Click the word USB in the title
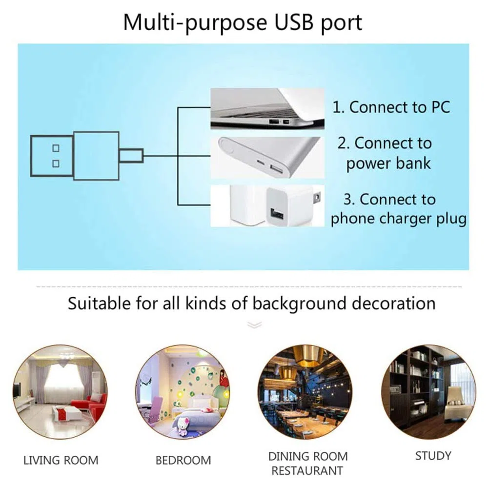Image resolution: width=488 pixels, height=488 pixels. tap(293, 22)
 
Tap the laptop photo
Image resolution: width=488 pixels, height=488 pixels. tap(267, 109)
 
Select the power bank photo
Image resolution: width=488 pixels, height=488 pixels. tap(267, 157)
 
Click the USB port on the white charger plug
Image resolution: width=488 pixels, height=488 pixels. tap(276, 214)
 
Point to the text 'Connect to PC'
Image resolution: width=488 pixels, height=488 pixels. tap(400, 107)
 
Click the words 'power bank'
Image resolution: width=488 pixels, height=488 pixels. tap(388, 163)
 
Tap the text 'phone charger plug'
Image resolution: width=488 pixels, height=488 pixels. tap(399, 219)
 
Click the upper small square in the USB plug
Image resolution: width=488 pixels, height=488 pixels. tap(56, 148)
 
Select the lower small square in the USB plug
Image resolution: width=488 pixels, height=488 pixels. tap(56, 163)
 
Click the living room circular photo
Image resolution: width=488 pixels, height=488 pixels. tap(61, 392)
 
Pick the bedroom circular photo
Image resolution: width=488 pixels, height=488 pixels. tap(183, 392)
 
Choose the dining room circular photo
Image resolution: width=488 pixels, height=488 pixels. tap(305, 392)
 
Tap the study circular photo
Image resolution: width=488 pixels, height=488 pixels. tap(428, 392)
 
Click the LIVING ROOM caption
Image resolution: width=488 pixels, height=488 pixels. tap(61, 460)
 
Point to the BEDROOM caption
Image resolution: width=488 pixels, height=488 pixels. tap(183, 460)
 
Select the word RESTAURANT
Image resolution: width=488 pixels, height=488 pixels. tap(307, 471)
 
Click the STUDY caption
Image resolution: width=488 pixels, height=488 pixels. tap(433, 456)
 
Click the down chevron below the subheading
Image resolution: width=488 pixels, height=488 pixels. tap(254, 325)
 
